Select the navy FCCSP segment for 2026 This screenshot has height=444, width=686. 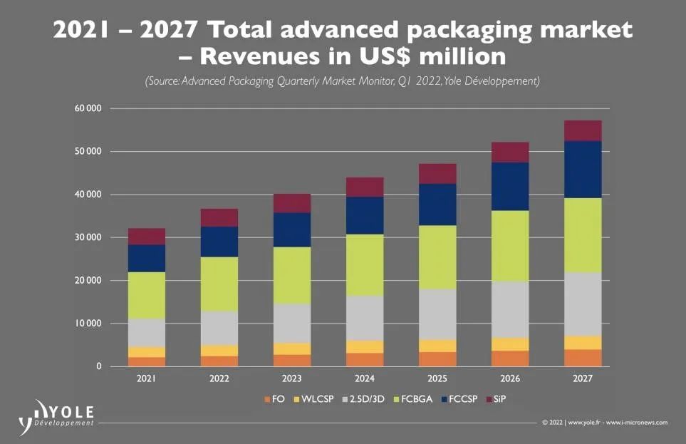click(x=510, y=187)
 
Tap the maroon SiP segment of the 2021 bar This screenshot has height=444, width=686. click(x=147, y=237)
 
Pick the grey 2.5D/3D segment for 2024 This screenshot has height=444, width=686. click(x=365, y=318)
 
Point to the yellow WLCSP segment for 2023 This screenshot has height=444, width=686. click(x=292, y=349)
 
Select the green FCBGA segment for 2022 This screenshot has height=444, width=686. click(x=219, y=284)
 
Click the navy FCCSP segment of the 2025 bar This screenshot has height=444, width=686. click(x=437, y=205)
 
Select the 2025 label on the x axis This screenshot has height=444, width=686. click(x=437, y=379)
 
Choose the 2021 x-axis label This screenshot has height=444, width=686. click(x=147, y=379)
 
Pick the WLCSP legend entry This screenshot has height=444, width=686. click(x=308, y=399)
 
